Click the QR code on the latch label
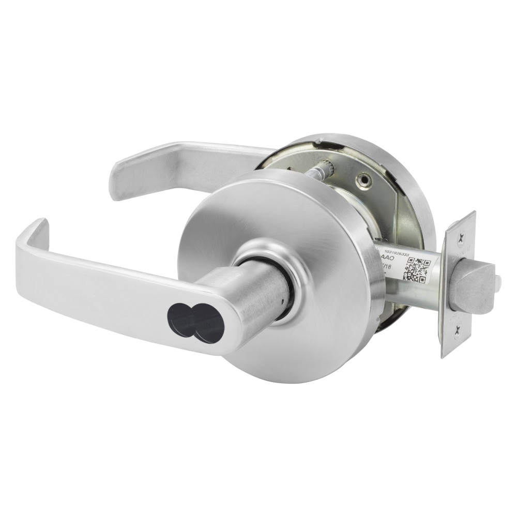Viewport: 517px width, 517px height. [x=417, y=268]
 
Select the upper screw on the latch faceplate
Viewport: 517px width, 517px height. [x=460, y=235]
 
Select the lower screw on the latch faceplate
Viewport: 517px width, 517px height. [x=457, y=334]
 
